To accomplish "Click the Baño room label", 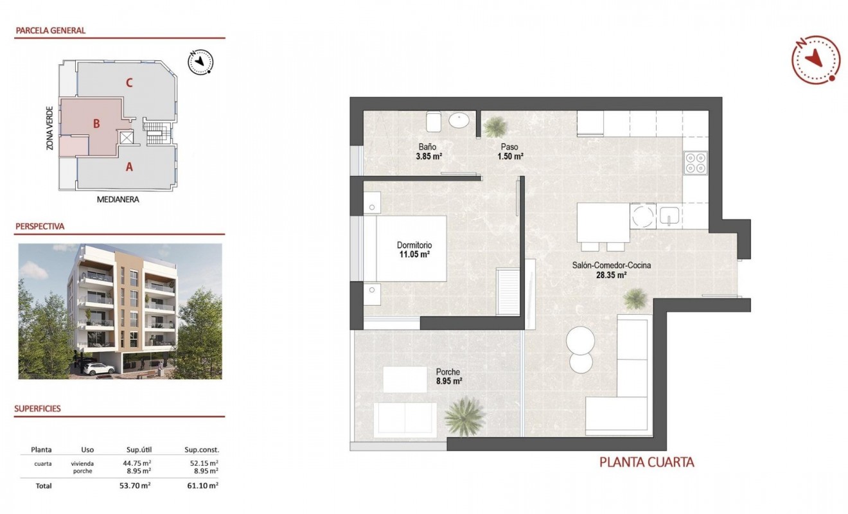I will click(x=427, y=146).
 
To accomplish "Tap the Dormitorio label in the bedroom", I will click(x=414, y=245).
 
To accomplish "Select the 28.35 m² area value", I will click(x=611, y=274).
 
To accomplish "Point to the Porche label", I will click(x=447, y=371).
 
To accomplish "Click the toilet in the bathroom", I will click(x=432, y=120).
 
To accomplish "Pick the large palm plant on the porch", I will click(x=464, y=416).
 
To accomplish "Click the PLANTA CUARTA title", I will click(x=646, y=461).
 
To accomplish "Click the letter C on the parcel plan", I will click(x=129, y=82).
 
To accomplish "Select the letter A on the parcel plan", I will click(x=129, y=167).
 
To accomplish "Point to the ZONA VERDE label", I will click(x=49, y=128).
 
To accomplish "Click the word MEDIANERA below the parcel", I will click(x=118, y=199).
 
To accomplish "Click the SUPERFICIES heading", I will click(x=38, y=409).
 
